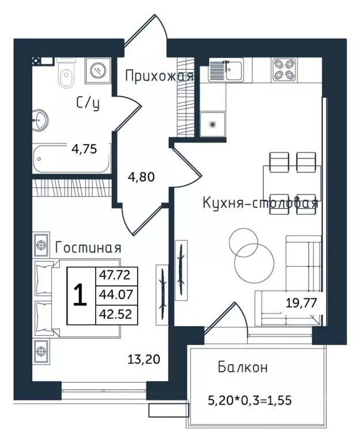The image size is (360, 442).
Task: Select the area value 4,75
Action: [84, 149]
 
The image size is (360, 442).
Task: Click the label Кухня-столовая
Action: [259, 203]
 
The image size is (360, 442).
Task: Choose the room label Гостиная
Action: [88, 248]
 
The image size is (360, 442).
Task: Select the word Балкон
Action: [242, 368]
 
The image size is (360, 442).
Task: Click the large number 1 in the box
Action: [80, 295]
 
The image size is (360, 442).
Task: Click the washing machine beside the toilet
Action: [97, 70]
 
